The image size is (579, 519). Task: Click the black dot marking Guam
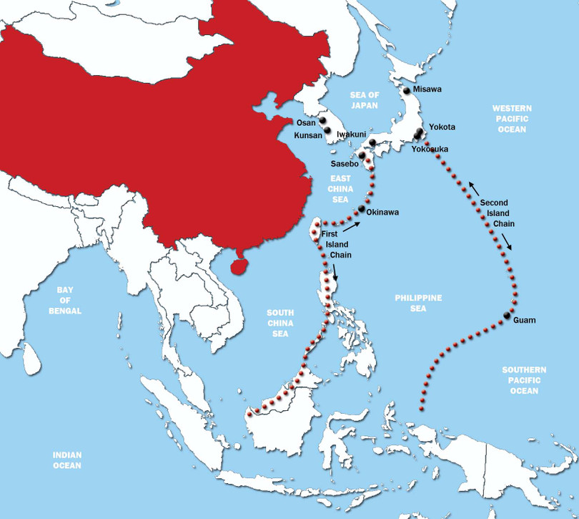[507, 315]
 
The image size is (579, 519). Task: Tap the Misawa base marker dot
[406, 90]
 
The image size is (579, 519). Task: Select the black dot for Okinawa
[361, 208]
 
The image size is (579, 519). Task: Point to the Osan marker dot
[323, 120]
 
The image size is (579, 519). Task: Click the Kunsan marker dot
[328, 130]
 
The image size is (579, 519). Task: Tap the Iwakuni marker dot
[372, 143]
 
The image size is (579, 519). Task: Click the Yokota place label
[442, 127]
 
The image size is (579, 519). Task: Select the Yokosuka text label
[430, 149]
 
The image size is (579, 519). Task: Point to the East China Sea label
[341, 188]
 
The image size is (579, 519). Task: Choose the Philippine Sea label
[418, 303]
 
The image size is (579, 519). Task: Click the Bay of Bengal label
[70, 301]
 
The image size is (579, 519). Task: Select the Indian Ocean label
[67, 460]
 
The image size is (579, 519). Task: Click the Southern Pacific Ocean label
[524, 380]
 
